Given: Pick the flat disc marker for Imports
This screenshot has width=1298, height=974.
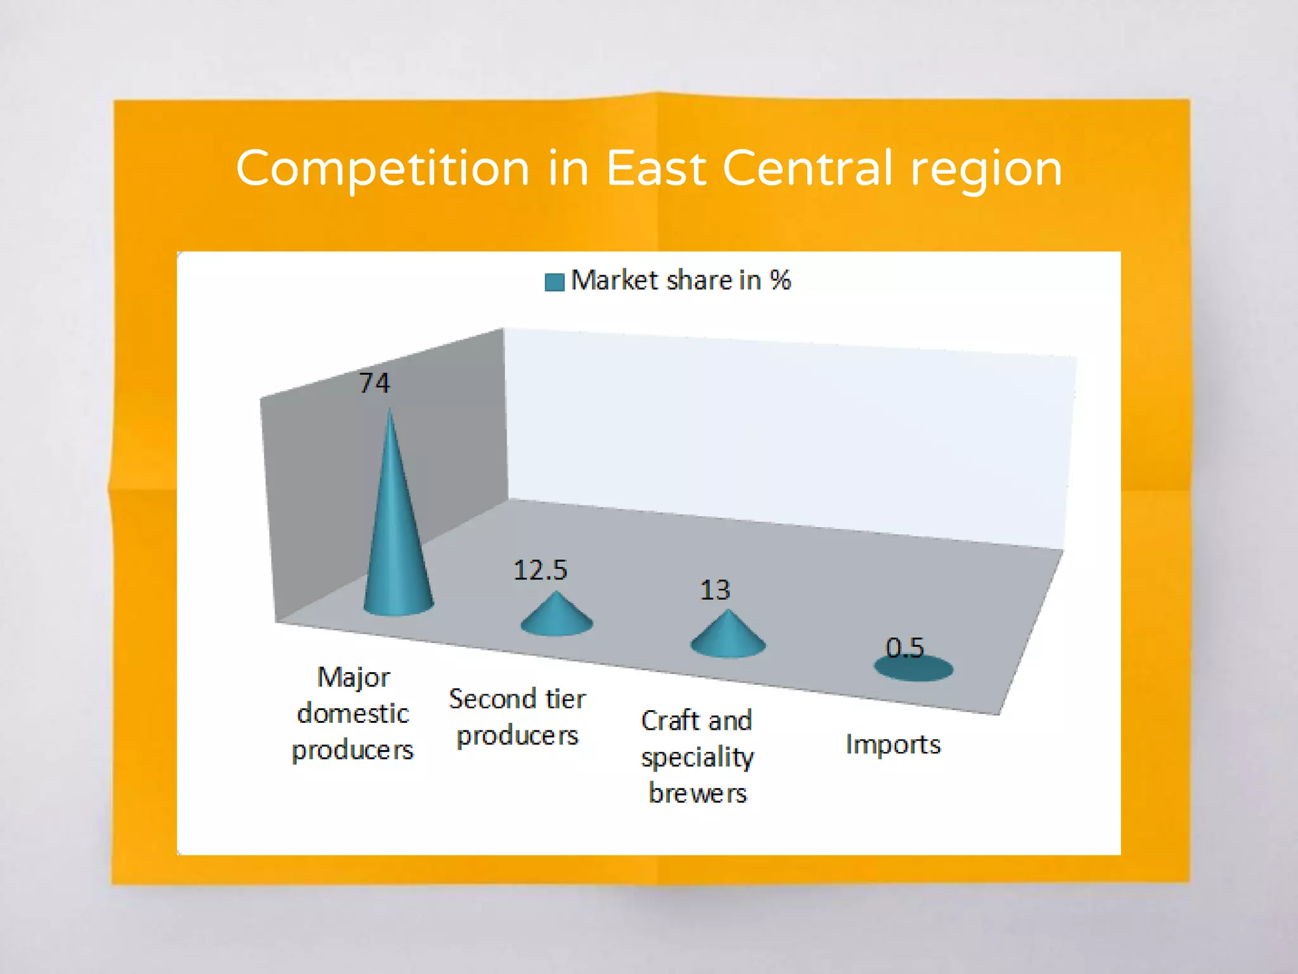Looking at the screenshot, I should click(x=913, y=668).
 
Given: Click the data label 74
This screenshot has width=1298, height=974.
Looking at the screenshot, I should click(x=374, y=383).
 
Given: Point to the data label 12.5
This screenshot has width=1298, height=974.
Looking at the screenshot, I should click(x=540, y=570).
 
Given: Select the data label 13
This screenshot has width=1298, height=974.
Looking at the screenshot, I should click(x=715, y=590).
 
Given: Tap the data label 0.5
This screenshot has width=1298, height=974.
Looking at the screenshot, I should click(x=904, y=647).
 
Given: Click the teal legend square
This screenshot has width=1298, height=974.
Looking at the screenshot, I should click(x=555, y=282).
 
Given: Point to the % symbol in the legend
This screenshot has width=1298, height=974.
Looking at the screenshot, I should click(x=780, y=280).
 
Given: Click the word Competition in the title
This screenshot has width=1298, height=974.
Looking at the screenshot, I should click(x=383, y=169).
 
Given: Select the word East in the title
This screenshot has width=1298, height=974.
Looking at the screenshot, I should click(x=656, y=169).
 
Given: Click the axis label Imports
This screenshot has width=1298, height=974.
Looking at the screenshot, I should click(x=893, y=744).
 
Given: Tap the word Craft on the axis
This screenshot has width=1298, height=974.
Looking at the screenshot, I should click(x=670, y=721).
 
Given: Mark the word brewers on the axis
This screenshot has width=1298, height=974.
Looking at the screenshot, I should click(x=698, y=793).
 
